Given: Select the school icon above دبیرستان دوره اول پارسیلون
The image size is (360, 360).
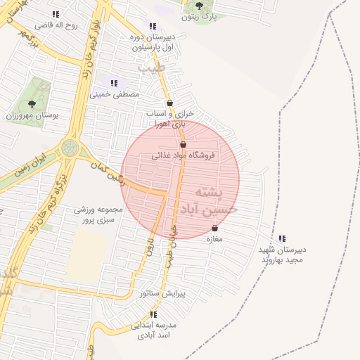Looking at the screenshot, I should click(x=153, y=27).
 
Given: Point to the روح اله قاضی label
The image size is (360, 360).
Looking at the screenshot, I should click(x=80, y=25).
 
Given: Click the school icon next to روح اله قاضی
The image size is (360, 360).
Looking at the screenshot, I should click(x=56, y=14).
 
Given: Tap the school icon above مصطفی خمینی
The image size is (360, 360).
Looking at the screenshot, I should click(x=114, y=83).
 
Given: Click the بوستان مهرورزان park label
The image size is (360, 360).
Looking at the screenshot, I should click(x=32, y=115).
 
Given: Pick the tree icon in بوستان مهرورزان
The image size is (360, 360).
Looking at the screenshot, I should click(x=32, y=103).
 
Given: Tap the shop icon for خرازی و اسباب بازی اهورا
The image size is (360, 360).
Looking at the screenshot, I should click(x=170, y=103).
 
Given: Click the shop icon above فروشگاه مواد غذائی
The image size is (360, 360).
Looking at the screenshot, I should click(x=184, y=144).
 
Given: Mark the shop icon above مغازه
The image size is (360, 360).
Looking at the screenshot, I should click(x=214, y=229).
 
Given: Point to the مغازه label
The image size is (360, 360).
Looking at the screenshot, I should click(x=214, y=240).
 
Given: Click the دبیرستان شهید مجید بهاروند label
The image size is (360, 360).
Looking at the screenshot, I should click(x=283, y=255).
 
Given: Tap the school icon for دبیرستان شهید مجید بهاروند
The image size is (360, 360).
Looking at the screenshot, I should click(x=283, y=239).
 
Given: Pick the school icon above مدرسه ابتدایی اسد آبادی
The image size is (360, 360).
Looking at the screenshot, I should click(x=154, y=314).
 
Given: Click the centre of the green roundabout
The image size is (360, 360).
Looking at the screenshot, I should click(x=70, y=148).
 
